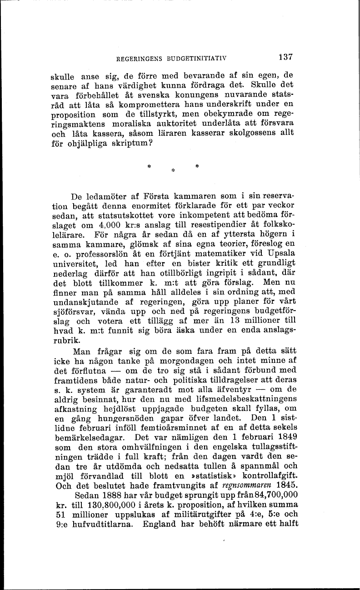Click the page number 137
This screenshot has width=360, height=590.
coord(285,58)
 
